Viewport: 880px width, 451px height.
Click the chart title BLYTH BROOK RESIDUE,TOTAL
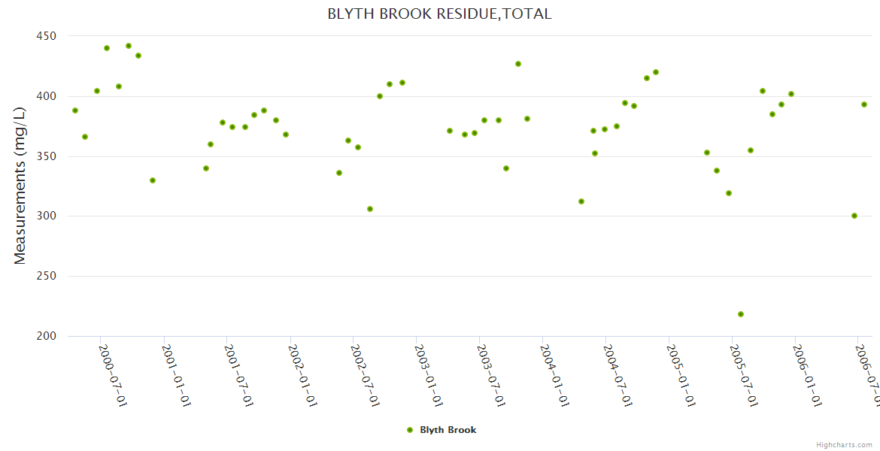pyautogui.click(x=439, y=14)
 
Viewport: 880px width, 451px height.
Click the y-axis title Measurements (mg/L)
pyautogui.click(x=20, y=185)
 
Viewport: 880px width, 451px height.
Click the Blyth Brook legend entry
pyautogui.click(x=442, y=430)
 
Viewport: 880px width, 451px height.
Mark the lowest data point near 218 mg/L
pyautogui.click(x=741, y=314)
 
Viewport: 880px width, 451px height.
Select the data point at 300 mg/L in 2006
pyautogui.click(x=854, y=216)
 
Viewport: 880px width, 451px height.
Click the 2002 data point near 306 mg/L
pyautogui.click(x=370, y=209)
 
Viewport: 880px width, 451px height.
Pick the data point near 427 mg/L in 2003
pyautogui.click(x=518, y=64)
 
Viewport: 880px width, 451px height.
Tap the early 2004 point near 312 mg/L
pyautogui.click(x=581, y=201)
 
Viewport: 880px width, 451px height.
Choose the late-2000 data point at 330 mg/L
pyautogui.click(x=153, y=180)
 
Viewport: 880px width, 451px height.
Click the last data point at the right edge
pyautogui.click(x=864, y=104)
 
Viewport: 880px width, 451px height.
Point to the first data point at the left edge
pyautogui.click(x=75, y=110)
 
